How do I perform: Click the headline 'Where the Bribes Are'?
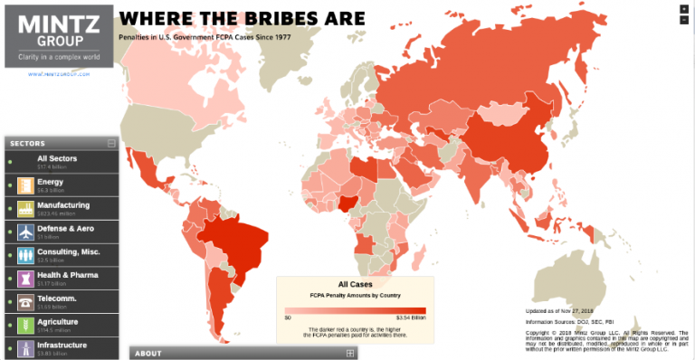coord(243,17)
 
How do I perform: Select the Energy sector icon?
coord(24,186)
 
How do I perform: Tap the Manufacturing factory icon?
coord(24,209)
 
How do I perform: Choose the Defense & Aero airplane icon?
coord(24,232)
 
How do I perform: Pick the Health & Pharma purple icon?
coord(24,279)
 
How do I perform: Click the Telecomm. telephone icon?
coord(24,302)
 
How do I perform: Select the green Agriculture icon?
coord(24,325)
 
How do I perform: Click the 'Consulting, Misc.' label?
coord(69,251)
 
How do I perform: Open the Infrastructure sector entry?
coord(62,345)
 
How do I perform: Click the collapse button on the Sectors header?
coord(111,143)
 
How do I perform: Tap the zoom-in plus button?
coord(683,8)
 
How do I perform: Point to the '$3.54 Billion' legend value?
coord(412,317)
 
